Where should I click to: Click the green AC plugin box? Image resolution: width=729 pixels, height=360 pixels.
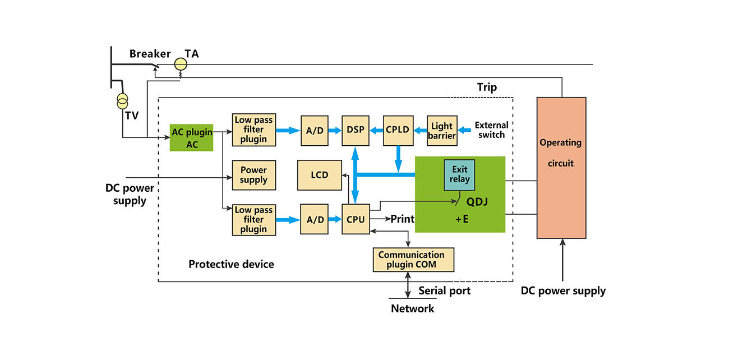click(x=192, y=138)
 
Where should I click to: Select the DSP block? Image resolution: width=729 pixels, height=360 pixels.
click(x=356, y=130)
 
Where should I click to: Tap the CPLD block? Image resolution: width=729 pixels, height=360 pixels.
click(x=398, y=130)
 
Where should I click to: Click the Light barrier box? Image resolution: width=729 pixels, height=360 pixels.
click(x=442, y=130)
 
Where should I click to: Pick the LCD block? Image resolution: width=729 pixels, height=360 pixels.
click(x=319, y=175)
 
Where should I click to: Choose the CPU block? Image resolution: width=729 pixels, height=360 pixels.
click(x=356, y=219)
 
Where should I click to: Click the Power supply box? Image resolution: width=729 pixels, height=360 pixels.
click(x=253, y=175)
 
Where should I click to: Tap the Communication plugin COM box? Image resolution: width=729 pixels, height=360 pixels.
click(x=413, y=260)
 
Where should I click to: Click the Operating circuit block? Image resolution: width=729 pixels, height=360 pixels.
click(x=561, y=168)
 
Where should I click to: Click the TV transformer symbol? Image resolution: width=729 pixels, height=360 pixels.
click(x=122, y=101)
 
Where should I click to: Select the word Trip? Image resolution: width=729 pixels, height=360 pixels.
click(x=487, y=87)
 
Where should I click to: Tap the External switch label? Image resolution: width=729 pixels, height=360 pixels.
click(x=491, y=130)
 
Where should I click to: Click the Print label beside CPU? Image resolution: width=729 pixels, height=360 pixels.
click(x=402, y=219)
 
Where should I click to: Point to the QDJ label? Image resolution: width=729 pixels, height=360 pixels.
click(x=477, y=202)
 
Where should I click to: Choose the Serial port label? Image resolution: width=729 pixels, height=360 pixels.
click(x=444, y=290)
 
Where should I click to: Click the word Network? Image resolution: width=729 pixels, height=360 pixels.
click(x=412, y=308)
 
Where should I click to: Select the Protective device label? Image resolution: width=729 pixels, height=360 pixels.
click(x=231, y=264)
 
